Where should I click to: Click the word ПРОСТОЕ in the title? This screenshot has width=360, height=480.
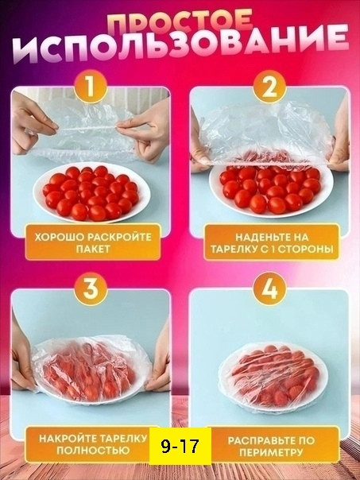180,21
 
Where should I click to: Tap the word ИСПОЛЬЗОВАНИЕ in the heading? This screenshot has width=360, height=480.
181,45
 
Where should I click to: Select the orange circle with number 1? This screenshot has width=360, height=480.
91,87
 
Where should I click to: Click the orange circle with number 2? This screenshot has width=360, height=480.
269,87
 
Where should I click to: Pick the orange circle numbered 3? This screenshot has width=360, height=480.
91,288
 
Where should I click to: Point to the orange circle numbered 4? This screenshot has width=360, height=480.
269,288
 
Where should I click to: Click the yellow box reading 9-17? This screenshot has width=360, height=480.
180,446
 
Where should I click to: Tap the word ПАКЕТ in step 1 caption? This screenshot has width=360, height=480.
93,249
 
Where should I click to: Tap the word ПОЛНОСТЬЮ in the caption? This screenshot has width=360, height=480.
93,451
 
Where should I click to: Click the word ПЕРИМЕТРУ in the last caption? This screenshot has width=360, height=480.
271,452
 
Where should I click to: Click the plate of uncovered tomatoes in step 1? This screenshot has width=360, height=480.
92,193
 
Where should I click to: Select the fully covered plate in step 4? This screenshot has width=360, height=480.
273,377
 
